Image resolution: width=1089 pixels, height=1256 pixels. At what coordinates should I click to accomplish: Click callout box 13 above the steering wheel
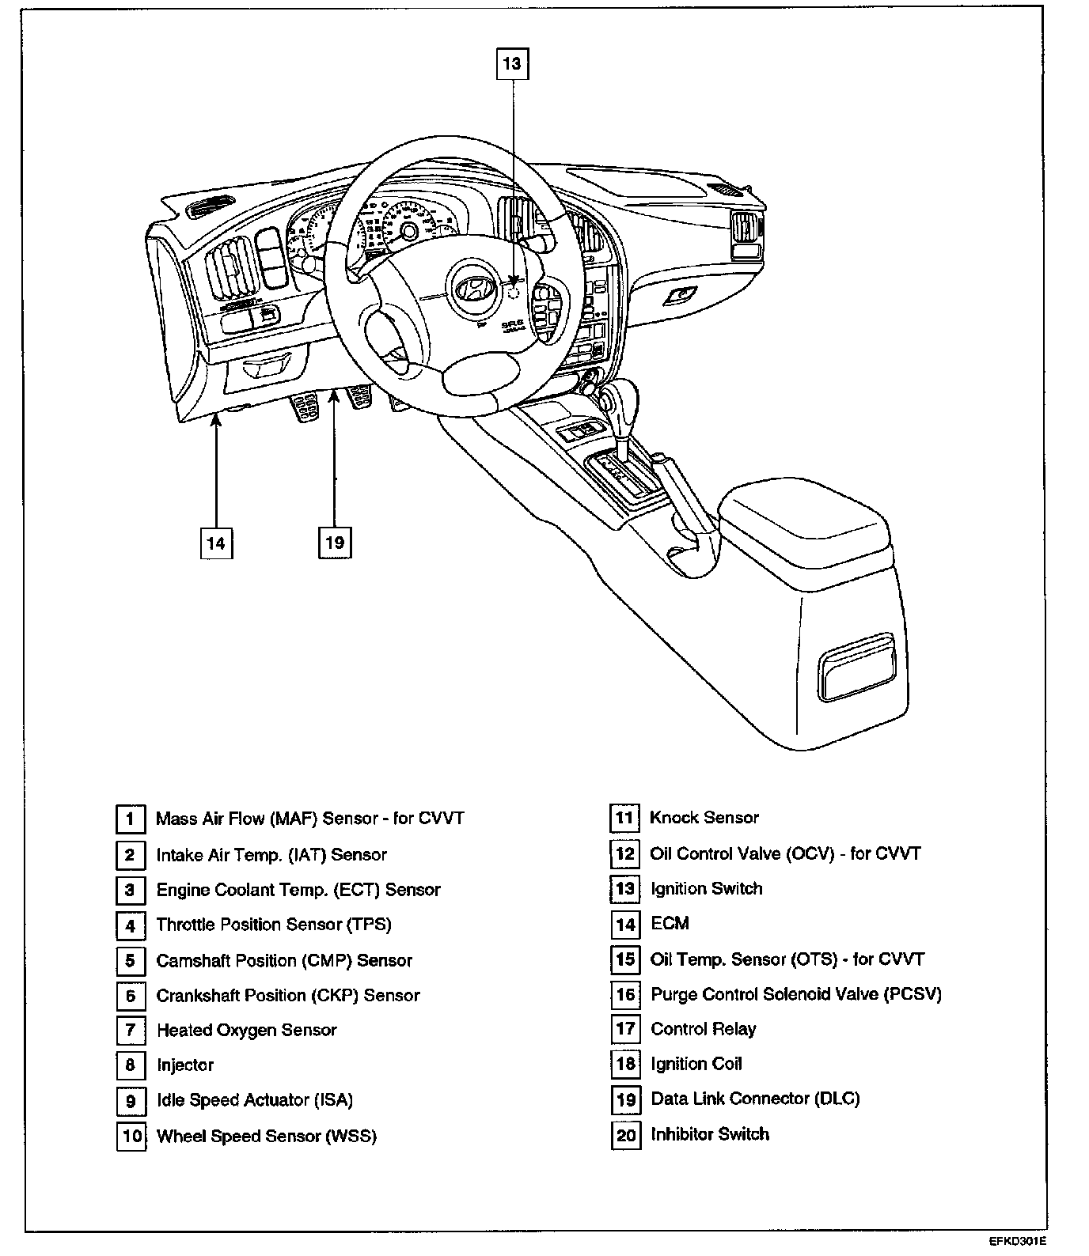tap(512, 63)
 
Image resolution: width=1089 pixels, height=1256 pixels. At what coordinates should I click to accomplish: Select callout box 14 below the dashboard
tap(216, 543)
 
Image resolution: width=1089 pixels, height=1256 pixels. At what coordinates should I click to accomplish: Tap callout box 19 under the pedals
tap(335, 543)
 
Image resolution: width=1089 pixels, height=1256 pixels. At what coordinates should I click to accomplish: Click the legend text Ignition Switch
tap(706, 888)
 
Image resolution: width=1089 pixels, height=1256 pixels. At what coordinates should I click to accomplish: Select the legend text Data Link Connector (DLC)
tap(754, 1099)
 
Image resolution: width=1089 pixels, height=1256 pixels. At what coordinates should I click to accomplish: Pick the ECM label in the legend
tap(670, 923)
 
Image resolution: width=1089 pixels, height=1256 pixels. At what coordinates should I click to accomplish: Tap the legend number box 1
tap(131, 819)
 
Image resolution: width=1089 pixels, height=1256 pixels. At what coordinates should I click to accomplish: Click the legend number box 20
tap(625, 1135)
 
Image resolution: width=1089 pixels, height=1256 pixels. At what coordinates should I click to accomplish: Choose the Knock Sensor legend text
tap(704, 818)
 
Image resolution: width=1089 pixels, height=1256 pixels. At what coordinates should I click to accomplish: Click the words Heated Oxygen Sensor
tap(246, 1030)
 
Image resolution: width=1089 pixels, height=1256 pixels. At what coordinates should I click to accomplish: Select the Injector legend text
tap(185, 1065)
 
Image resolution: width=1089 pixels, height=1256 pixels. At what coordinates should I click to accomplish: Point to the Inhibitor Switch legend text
tap(709, 1134)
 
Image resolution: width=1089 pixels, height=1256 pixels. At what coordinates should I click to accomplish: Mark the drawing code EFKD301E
tap(1016, 1241)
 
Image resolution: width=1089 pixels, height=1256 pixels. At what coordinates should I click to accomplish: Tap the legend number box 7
tap(131, 1030)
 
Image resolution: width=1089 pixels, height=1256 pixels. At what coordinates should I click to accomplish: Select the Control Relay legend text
tap(703, 1029)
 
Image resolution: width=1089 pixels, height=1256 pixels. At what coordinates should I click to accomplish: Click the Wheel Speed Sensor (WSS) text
tap(266, 1137)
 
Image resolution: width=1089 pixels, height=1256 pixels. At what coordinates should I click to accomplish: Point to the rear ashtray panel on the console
tap(858, 665)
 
